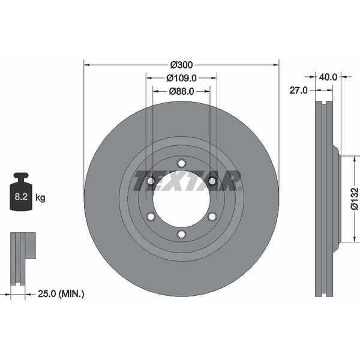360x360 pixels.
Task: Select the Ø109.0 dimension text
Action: tap(181, 77)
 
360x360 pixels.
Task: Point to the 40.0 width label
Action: tap(328, 77)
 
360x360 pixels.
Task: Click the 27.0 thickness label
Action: tap(298, 90)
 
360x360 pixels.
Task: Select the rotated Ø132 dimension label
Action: tap(355, 199)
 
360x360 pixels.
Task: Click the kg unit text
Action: tap(40, 197)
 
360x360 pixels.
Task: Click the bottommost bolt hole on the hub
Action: tap(181, 234)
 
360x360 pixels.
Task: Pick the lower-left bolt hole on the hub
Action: tap(151, 216)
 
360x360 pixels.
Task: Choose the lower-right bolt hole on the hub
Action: tap(212, 216)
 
